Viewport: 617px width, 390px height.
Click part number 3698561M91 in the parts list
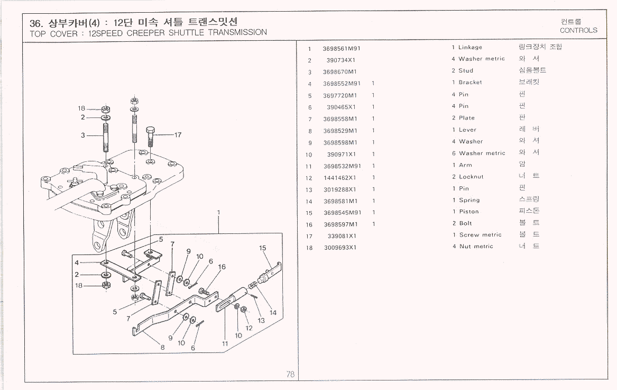coord(342,48)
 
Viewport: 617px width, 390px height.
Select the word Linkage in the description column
coord(470,48)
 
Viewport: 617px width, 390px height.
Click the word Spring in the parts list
coord(469,201)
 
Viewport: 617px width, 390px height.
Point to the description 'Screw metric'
coord(480,235)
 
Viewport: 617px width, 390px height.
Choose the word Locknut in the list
coord(471,177)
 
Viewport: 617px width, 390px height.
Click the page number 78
coord(290,374)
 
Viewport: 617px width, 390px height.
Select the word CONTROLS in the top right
coord(578,30)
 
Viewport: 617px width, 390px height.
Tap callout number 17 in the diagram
coord(178,135)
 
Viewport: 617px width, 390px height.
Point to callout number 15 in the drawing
coord(263,248)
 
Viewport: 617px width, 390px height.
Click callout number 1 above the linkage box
coord(218,213)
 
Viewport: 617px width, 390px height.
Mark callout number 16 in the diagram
coord(222,267)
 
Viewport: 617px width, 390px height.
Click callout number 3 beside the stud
coord(83,135)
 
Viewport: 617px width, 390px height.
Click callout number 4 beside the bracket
coord(77,262)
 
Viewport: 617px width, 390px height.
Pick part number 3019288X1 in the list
coord(339,189)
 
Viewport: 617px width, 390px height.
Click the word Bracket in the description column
coord(470,83)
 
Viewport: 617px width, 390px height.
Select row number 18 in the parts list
coord(309,248)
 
